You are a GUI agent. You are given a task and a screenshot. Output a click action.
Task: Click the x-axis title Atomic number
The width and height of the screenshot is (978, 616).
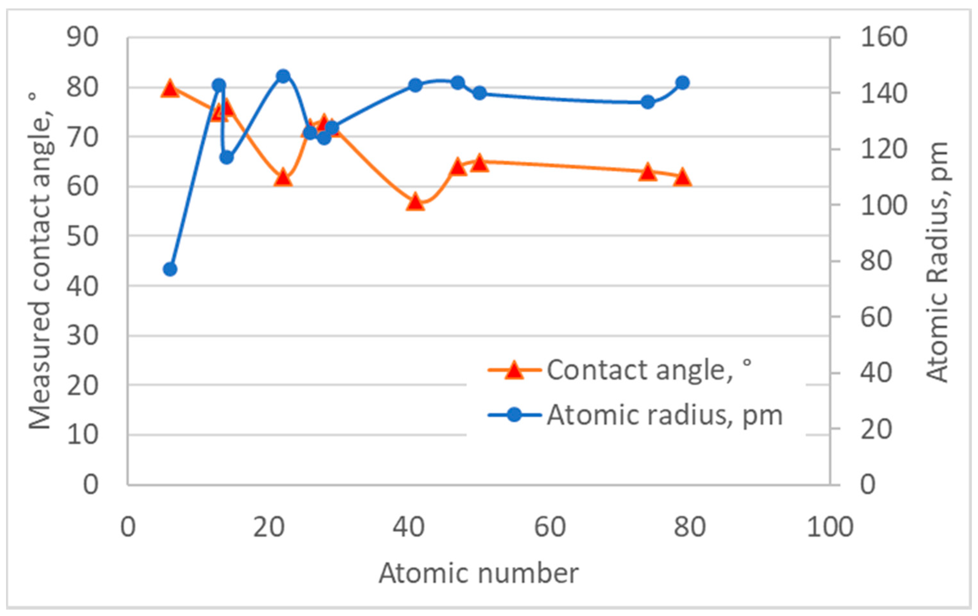(x=479, y=573)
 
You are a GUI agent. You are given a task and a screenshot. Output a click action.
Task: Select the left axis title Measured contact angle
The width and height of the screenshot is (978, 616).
(x=41, y=260)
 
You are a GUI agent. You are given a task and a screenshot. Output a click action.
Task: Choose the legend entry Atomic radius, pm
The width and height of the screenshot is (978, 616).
(x=664, y=415)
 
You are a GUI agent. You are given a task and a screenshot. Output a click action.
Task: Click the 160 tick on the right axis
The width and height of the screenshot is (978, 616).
(x=884, y=37)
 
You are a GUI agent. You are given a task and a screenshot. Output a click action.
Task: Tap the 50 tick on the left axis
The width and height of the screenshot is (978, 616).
(x=82, y=236)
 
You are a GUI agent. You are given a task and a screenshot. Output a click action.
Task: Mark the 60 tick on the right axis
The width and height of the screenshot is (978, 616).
(x=876, y=317)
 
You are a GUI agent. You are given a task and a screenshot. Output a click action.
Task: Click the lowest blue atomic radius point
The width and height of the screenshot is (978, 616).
(x=170, y=269)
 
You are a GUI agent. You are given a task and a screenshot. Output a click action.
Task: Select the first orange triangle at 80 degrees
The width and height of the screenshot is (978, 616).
(x=170, y=89)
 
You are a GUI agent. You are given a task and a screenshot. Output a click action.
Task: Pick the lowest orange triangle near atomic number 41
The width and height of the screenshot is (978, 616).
(x=415, y=202)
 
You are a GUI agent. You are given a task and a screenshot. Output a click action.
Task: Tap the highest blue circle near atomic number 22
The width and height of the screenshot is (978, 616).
(x=283, y=76)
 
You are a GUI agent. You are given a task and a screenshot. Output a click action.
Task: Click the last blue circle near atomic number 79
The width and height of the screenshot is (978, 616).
(x=683, y=83)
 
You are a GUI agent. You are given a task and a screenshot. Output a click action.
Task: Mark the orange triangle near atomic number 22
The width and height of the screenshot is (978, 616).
(x=283, y=178)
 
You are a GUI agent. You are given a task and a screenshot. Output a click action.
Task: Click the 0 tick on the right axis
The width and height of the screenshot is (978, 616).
(x=868, y=485)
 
